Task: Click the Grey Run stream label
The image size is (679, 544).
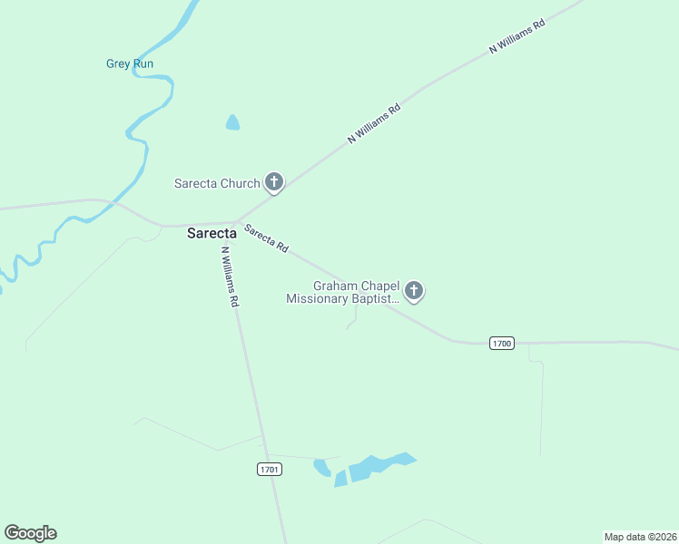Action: click(130, 63)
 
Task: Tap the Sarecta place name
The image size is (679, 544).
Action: click(212, 233)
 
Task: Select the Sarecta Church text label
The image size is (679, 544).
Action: click(217, 183)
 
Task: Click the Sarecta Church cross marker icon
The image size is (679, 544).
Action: click(274, 182)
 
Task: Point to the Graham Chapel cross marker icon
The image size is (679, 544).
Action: click(414, 290)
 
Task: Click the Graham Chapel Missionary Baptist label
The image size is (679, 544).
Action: click(343, 291)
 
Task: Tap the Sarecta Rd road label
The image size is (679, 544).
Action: click(266, 239)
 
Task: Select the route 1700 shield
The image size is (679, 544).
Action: click(501, 343)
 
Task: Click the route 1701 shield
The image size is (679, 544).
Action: click(270, 469)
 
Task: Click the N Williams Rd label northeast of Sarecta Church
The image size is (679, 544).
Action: click(374, 123)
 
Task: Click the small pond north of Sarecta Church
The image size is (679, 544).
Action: click(232, 122)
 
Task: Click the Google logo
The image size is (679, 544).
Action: click(30, 533)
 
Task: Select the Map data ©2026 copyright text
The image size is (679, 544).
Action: click(640, 536)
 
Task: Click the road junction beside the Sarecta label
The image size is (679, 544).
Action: click(236, 222)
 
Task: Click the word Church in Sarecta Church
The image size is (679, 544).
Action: click(240, 183)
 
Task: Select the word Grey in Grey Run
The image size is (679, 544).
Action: click(118, 63)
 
